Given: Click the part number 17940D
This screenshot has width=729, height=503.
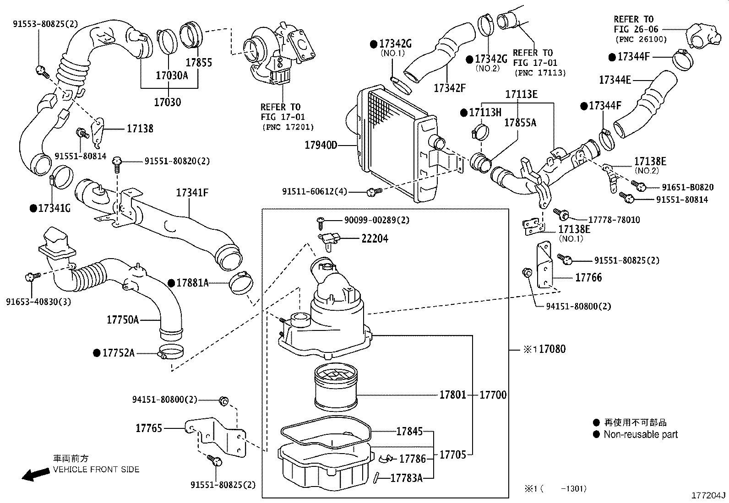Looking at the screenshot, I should (x=321, y=146).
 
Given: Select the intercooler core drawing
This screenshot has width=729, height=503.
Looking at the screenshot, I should (x=394, y=142).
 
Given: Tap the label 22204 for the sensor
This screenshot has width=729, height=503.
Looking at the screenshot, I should (x=375, y=238).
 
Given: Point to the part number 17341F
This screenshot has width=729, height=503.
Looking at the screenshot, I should (x=192, y=193).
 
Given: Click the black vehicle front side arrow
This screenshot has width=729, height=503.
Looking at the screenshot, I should (x=36, y=474).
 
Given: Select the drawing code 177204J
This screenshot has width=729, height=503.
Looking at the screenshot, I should (x=708, y=496).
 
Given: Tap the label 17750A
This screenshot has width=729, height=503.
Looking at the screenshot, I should (x=122, y=319).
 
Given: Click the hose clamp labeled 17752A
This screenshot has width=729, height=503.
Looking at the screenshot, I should (x=171, y=353).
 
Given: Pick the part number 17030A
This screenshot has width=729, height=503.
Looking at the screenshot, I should (x=171, y=75).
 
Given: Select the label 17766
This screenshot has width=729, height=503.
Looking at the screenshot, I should (x=588, y=277).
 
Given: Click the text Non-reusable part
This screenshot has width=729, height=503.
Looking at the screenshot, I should (x=640, y=434).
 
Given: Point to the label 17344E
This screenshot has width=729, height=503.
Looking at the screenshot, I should (x=615, y=80).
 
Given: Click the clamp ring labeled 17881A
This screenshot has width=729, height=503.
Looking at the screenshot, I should (x=240, y=282).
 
